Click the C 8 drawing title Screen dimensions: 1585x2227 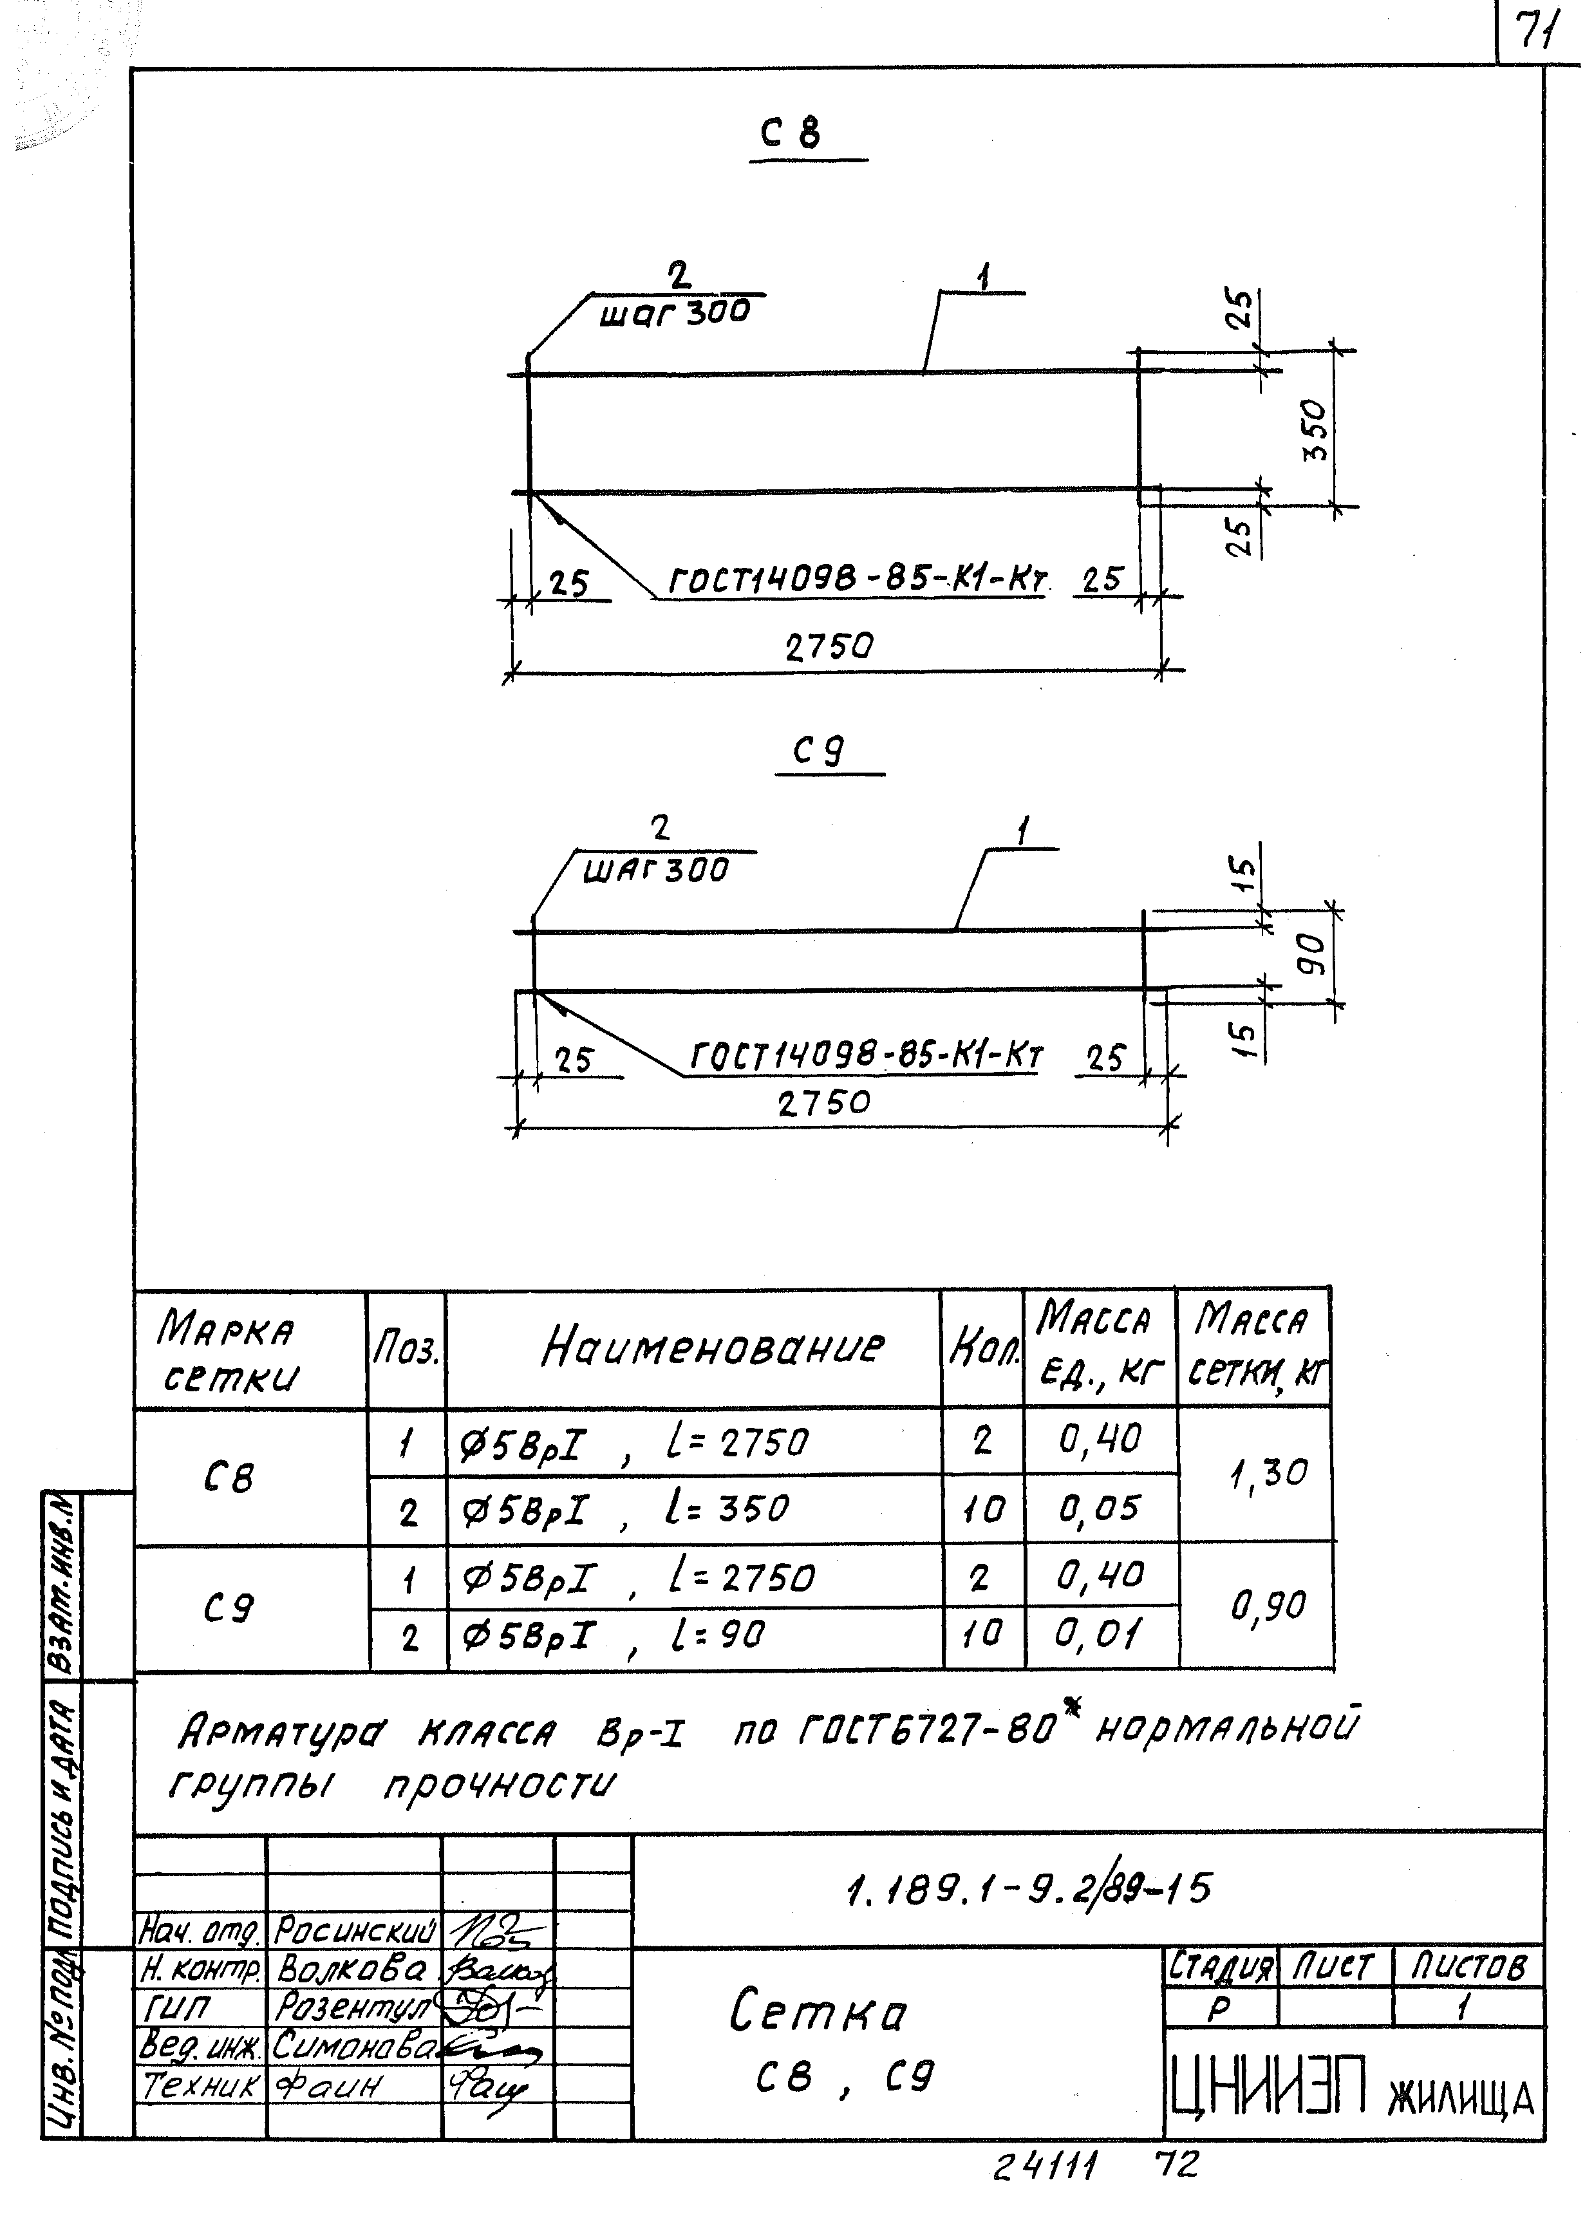click(x=791, y=133)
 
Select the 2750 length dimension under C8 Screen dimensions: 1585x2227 click(x=829, y=646)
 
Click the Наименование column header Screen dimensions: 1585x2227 click(x=713, y=1348)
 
